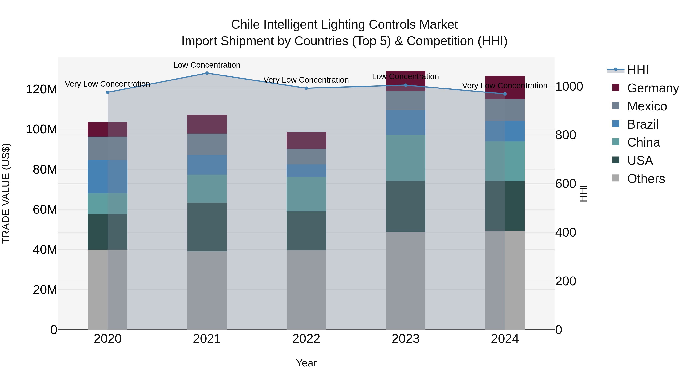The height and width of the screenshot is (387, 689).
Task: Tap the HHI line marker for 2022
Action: pyautogui.click(x=306, y=88)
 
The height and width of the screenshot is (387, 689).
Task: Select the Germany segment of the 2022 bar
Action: pyautogui.click(x=306, y=140)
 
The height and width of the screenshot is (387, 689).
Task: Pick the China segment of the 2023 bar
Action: pyautogui.click(x=406, y=158)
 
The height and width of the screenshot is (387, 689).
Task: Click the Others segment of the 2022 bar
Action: pyautogui.click(x=306, y=290)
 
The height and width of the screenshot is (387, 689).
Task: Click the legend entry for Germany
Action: pyautogui.click(x=653, y=88)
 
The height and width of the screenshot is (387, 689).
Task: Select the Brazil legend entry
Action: pyautogui.click(x=642, y=124)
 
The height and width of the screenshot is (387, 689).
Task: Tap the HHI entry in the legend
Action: pyautogui.click(x=638, y=70)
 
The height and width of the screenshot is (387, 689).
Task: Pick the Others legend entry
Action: pyautogui.click(x=646, y=179)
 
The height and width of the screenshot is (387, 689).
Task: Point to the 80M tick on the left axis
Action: pyautogui.click(x=45, y=169)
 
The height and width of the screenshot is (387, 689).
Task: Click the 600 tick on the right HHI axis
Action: pyautogui.click(x=565, y=184)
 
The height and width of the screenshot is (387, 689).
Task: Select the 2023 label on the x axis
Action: pyautogui.click(x=406, y=339)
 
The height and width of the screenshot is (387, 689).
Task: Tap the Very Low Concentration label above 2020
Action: pyautogui.click(x=108, y=84)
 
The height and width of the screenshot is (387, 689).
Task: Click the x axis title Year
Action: pyautogui.click(x=306, y=363)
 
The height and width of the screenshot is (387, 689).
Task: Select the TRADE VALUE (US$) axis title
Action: pyautogui.click(x=6, y=193)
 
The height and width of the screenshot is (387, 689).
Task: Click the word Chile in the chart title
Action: pyautogui.click(x=245, y=25)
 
